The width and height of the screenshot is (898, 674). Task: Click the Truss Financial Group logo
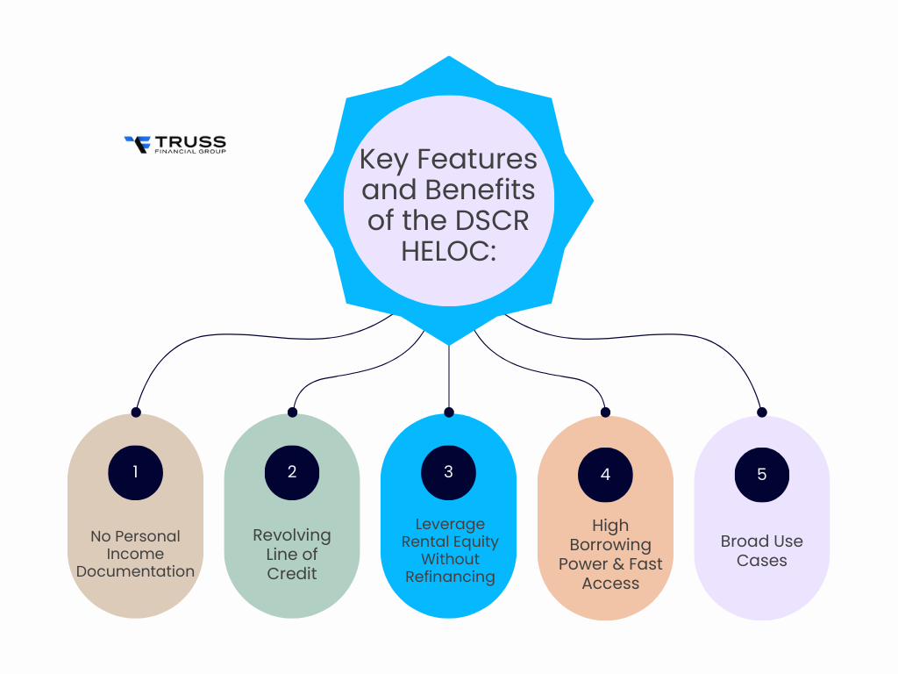175,144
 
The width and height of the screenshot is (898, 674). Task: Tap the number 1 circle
135,471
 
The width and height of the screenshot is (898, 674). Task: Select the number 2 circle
292,471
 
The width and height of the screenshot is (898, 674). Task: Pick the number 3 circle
448,471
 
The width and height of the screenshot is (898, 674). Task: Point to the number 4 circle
605,474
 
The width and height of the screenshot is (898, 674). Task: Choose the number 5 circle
761,474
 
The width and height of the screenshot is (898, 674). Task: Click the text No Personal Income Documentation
135,554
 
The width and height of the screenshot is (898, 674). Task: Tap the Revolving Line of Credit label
292,554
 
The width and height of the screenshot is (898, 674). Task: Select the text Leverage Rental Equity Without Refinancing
449,550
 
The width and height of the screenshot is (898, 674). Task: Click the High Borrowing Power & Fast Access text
610,554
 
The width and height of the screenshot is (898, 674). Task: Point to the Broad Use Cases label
761,550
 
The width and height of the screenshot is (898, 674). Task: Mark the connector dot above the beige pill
135,412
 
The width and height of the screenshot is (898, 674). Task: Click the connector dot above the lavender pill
761,412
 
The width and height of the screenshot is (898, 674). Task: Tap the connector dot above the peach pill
605,412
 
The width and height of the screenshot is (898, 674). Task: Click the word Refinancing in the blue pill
450,577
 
